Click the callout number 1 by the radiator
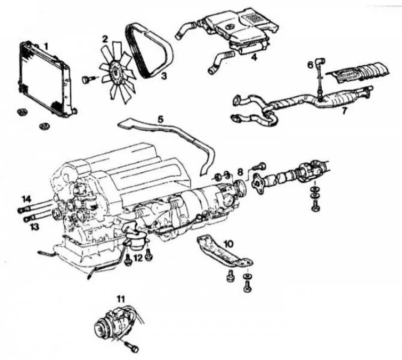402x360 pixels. tap(46, 46)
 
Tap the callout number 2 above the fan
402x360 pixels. tap(105, 39)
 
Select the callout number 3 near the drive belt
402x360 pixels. tap(163, 76)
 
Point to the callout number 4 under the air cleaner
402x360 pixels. tap(254, 58)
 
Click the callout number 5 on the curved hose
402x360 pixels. tap(160, 119)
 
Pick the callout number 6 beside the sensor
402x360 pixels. tap(311, 64)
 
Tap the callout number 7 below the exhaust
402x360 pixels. tap(344, 110)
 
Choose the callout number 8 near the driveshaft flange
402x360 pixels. tap(241, 171)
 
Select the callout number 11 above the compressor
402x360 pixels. tap(120, 299)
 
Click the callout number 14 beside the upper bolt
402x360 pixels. tap(26, 198)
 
